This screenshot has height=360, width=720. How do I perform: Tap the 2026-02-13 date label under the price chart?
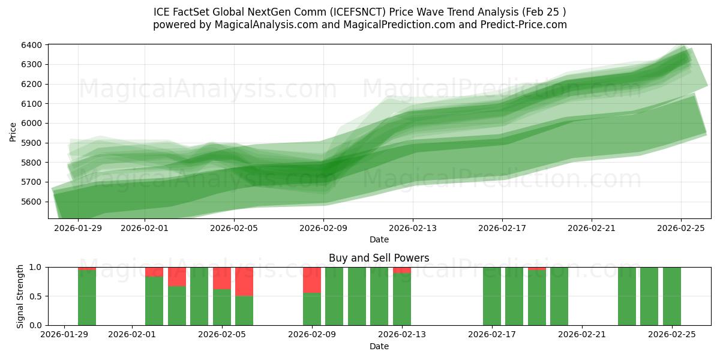pos(413,228)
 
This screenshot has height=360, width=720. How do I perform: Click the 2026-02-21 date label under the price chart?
pos(592,228)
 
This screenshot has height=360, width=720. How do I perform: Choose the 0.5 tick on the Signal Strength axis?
pos(35,296)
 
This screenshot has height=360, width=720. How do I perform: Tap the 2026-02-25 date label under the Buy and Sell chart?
pos(672,335)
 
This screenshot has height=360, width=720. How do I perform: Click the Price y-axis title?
pos(13,131)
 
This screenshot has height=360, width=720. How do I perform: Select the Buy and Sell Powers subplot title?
pos(379,258)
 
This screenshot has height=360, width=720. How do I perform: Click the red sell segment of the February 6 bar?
pos(244,281)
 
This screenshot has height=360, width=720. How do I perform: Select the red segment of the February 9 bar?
pos(312,280)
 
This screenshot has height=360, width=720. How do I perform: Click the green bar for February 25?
pos(672,296)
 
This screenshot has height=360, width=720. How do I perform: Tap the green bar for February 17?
pos(492,296)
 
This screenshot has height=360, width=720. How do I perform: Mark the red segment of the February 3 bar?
pos(177,277)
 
